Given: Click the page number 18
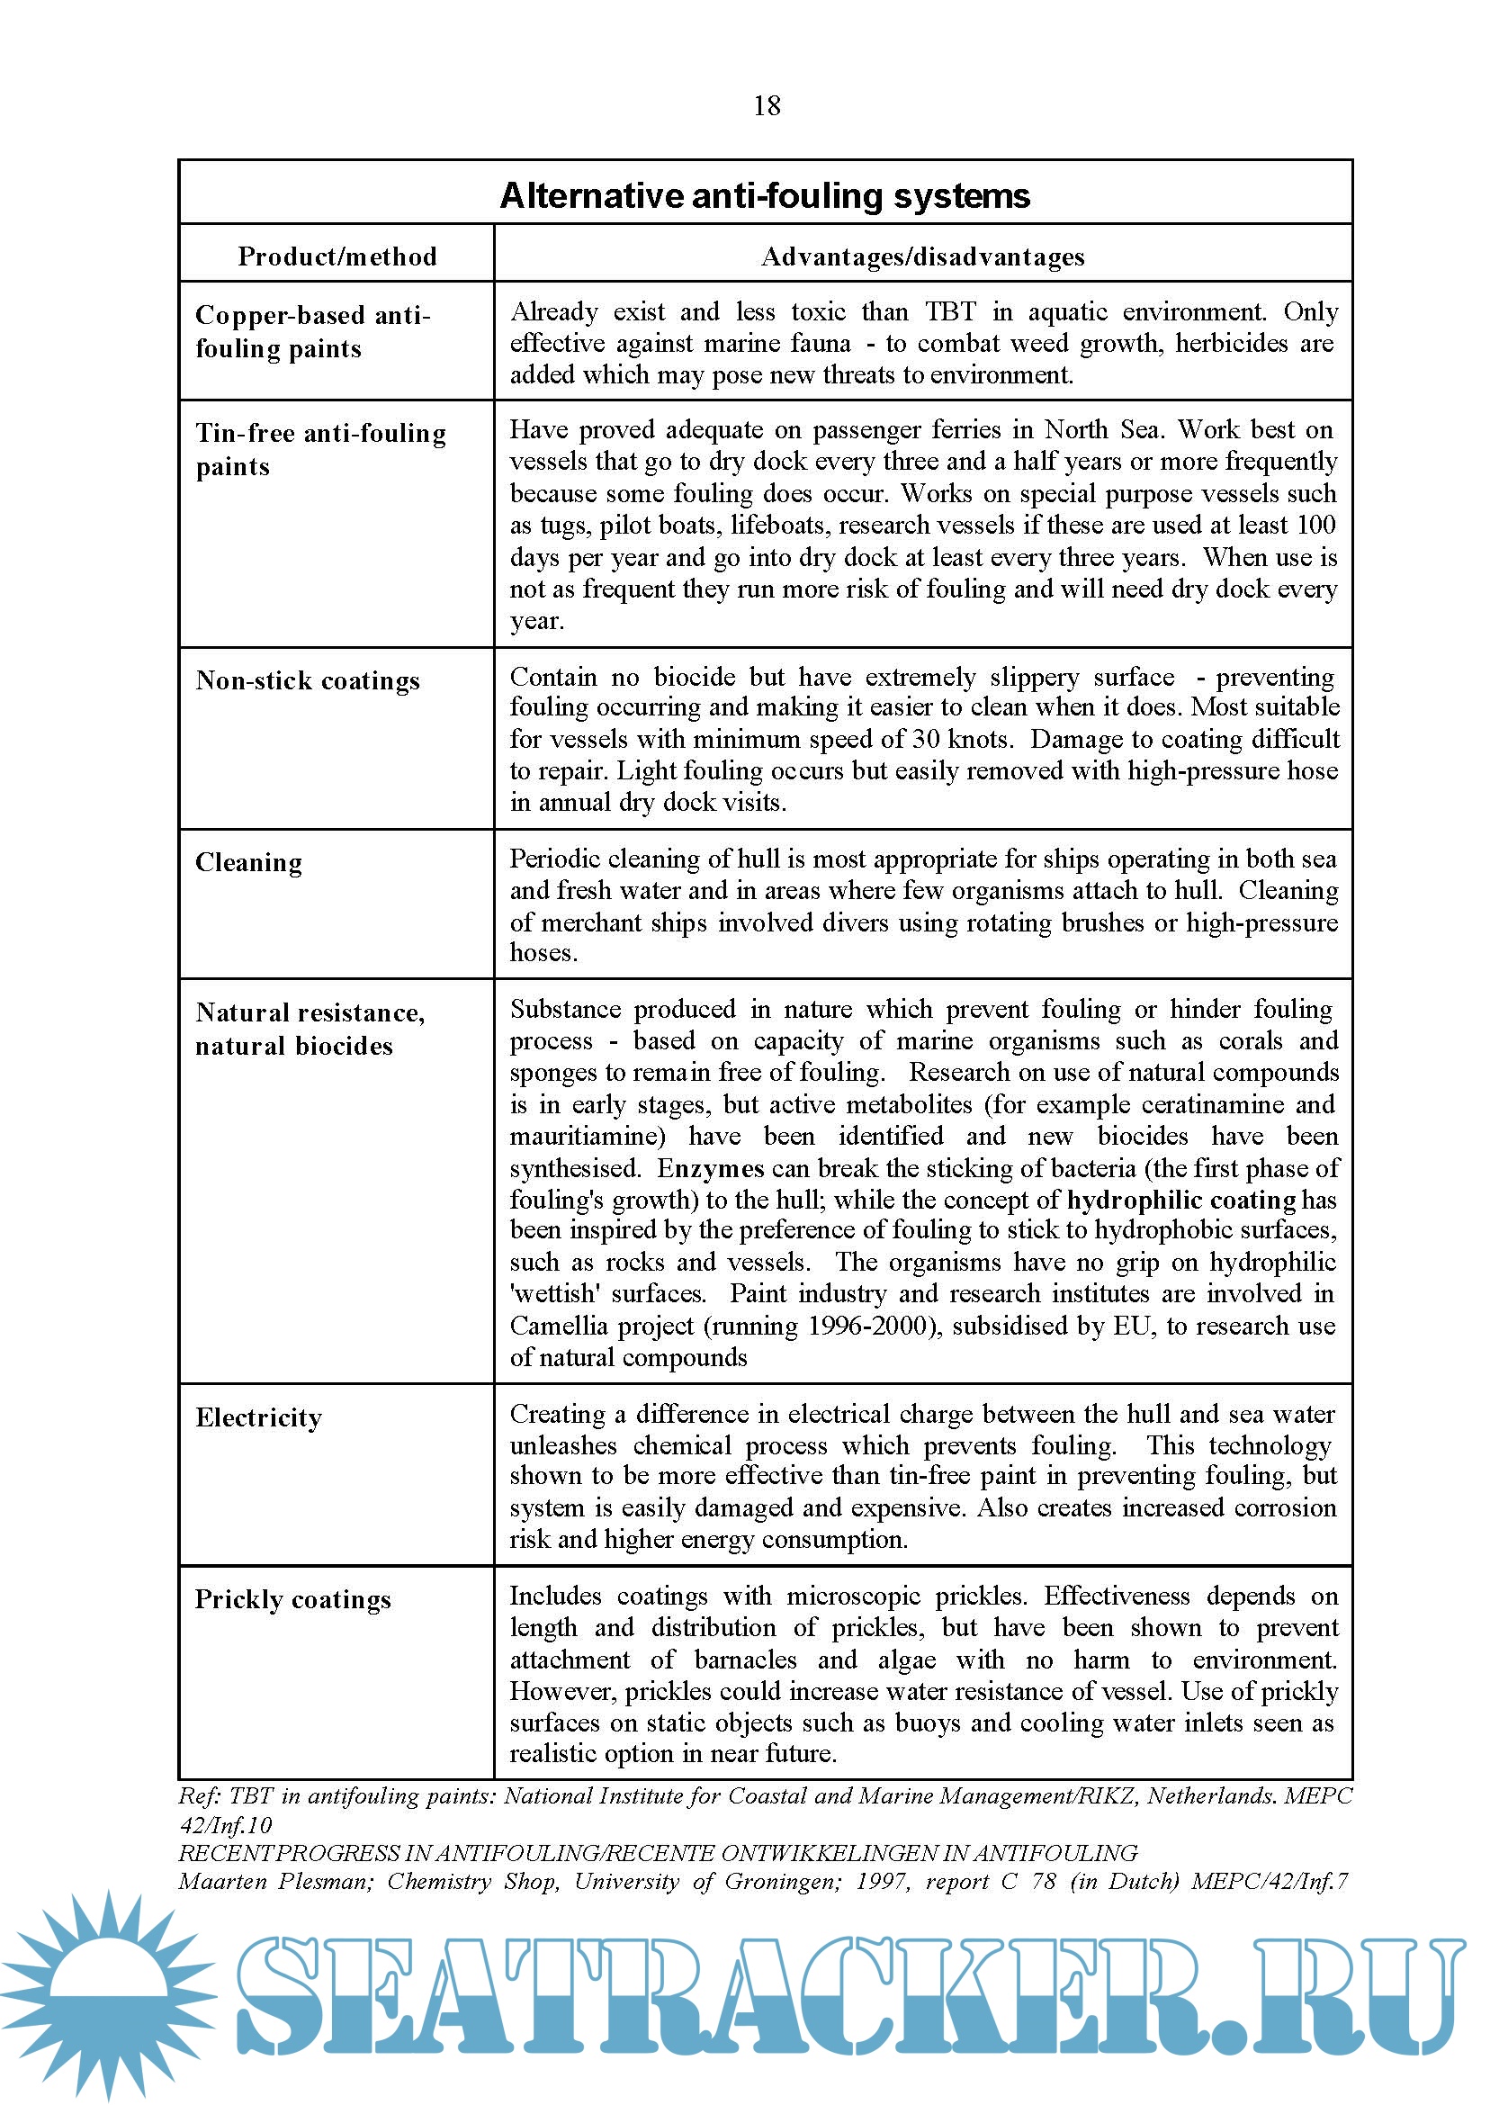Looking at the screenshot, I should click(x=766, y=105).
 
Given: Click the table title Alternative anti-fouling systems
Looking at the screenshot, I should click(x=764, y=195).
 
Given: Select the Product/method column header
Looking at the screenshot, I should click(x=337, y=256).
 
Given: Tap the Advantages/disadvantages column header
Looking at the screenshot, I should click(x=922, y=256).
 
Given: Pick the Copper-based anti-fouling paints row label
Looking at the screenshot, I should click(x=312, y=331).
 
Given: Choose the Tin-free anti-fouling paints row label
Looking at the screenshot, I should click(x=320, y=449).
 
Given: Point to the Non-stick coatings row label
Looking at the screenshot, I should click(x=308, y=680).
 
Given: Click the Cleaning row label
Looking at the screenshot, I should click(x=248, y=861).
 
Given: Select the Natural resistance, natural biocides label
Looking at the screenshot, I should click(x=310, y=1029).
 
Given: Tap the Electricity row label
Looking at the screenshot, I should click(x=259, y=1417).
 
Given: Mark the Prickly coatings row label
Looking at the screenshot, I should click(x=292, y=1598).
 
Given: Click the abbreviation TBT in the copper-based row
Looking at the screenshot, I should click(x=950, y=312).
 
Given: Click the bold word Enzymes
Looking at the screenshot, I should click(x=710, y=1168).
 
